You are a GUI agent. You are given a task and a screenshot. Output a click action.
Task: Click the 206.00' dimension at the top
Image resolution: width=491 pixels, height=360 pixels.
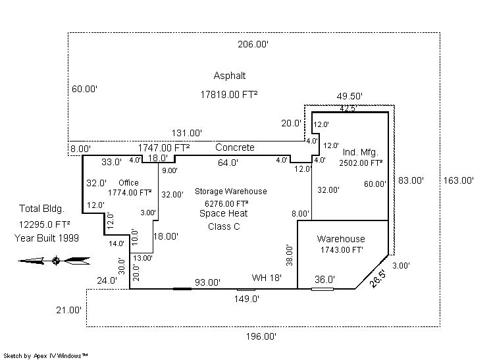(x=253, y=44)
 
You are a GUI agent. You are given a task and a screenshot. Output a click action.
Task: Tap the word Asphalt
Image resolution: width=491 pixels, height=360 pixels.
(x=230, y=76)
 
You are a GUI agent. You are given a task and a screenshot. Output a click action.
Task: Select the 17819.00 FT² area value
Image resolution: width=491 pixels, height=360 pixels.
(x=228, y=95)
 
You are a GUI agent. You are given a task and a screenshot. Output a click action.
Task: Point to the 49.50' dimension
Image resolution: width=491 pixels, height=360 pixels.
(x=349, y=96)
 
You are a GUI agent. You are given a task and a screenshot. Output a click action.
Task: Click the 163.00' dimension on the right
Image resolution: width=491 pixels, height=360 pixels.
(x=458, y=180)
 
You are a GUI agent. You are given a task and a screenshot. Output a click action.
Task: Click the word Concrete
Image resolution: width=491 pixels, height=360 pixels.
(x=234, y=147)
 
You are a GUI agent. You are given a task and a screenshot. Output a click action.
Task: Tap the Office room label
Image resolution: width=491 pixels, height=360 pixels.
(x=129, y=182)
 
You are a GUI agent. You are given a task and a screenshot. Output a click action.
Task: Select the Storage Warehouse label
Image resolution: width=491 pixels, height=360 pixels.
(x=230, y=192)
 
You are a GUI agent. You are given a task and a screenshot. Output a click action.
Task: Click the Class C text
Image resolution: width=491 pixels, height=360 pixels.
(x=223, y=226)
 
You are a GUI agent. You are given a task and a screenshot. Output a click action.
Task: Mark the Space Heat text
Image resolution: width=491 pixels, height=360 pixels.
(x=223, y=215)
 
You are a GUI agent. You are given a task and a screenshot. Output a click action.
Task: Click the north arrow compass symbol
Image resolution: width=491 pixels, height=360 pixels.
(x=55, y=261)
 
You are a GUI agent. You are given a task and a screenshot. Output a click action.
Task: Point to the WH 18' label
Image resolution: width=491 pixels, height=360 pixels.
(x=267, y=278)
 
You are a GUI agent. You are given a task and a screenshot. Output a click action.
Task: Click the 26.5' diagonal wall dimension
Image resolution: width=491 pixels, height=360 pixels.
(x=376, y=277)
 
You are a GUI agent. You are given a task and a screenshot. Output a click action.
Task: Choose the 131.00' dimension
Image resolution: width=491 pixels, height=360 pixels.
(x=187, y=133)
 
